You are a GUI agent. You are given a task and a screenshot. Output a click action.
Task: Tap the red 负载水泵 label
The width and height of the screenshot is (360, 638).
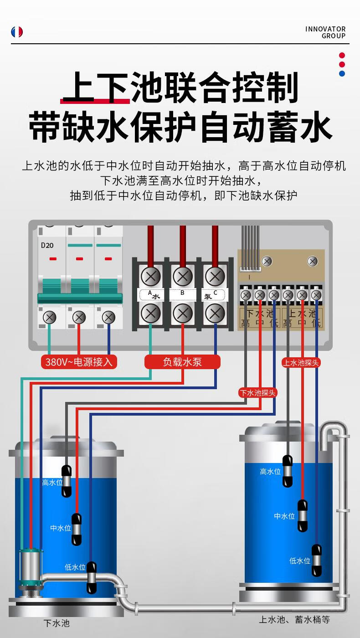[x=182, y=362]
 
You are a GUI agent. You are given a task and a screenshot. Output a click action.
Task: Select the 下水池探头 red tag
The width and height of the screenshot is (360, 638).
[x=258, y=392]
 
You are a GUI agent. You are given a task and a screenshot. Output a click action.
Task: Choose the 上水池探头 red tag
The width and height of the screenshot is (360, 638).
[x=301, y=363]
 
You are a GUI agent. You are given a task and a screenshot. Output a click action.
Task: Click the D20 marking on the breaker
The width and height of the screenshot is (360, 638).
[x=47, y=245]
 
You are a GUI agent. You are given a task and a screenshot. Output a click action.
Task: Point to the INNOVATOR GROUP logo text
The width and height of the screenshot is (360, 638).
[x=325, y=32]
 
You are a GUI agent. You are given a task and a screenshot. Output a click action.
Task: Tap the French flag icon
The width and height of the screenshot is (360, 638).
[x=17, y=32]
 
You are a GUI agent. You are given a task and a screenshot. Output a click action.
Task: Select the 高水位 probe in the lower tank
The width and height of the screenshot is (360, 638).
[x=67, y=481]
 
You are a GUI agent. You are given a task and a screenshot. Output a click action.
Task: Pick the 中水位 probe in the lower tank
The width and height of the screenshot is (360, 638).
[x=77, y=529]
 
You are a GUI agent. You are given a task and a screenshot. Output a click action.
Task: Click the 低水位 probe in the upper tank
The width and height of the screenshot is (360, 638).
[x=317, y=561]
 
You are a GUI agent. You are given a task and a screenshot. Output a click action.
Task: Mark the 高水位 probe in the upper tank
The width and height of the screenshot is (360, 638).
[x=288, y=471]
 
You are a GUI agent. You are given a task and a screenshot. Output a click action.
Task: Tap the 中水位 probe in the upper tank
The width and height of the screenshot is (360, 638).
[x=303, y=515]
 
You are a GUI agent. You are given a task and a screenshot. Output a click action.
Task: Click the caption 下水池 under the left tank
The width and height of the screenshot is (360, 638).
[x=57, y=623]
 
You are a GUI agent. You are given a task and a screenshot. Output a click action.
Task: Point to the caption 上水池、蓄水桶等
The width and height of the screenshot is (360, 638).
[x=294, y=619]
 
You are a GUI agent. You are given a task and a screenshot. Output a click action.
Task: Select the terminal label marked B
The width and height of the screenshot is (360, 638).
[x=183, y=293]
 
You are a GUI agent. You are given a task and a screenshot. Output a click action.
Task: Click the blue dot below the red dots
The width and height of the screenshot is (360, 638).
[x=342, y=73]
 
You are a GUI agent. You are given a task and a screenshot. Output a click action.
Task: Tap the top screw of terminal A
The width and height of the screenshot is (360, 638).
[x=150, y=276]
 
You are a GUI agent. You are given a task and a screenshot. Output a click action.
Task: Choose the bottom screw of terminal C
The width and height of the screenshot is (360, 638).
[x=215, y=313]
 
